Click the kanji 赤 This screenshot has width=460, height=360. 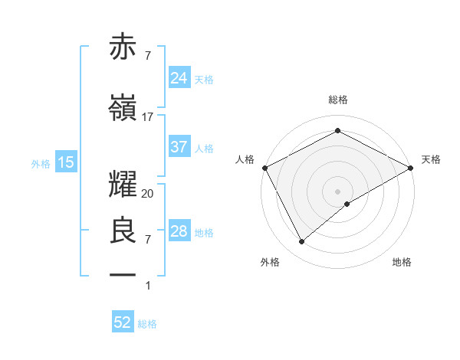tap(123, 47)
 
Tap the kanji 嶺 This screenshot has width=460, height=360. tap(123, 108)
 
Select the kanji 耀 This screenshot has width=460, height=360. tap(123, 182)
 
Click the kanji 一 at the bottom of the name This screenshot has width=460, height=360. tap(123, 273)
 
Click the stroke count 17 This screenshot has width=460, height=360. tap(148, 117)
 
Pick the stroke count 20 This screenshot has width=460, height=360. tap(148, 194)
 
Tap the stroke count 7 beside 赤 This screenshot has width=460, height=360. tap(148, 55)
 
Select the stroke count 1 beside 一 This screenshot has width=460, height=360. tap(148, 286)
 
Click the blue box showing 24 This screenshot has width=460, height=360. tap(179, 77)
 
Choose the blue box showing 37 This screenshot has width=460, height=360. tap(179, 147)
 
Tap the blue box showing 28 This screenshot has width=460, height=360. tap(179, 231)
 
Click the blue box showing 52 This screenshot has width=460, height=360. tap(123, 322)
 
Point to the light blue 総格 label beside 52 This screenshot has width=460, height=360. tap(147, 324)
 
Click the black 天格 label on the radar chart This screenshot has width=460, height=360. tap(431, 159)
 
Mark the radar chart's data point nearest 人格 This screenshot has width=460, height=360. tap(264, 167)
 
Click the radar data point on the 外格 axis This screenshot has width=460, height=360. tap(302, 242)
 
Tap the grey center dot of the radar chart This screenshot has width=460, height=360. tap(337, 191)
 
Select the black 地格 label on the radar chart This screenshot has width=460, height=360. tap(402, 262)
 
